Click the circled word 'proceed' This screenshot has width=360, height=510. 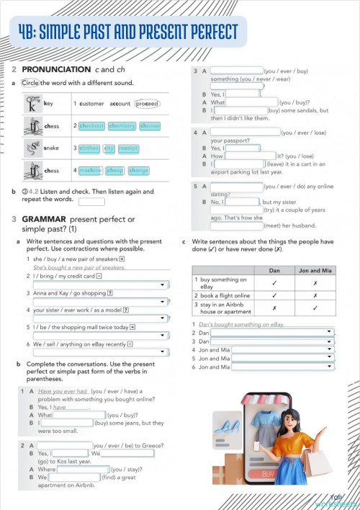[x=147, y=104]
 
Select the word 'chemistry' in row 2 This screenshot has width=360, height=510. [x=122, y=126]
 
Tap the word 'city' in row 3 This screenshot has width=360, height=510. [x=109, y=148]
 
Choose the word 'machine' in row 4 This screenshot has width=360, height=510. [x=90, y=171]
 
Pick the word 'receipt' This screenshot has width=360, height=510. [x=128, y=148]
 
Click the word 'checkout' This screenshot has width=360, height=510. [x=91, y=126]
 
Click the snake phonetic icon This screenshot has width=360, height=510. [x=32, y=148]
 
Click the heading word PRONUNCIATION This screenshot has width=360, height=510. [x=57, y=69]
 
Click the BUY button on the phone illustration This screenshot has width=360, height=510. [x=269, y=474]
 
